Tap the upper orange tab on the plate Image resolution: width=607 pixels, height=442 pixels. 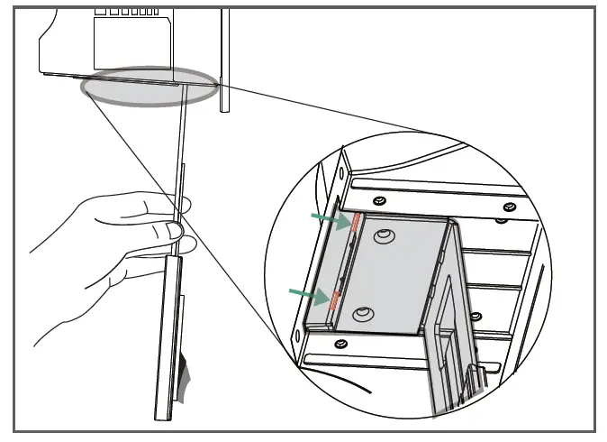tap(355, 222)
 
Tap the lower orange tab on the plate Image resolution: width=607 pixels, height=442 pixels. tap(334, 299)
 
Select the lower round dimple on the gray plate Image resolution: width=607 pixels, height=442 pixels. tap(363, 314)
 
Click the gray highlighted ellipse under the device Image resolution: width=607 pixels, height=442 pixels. tap(149, 88)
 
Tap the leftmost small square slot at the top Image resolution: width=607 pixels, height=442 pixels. tap(98, 11)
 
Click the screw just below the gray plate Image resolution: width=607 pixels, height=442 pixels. tap(340, 344)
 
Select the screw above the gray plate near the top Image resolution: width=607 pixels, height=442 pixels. tap(379, 200)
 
